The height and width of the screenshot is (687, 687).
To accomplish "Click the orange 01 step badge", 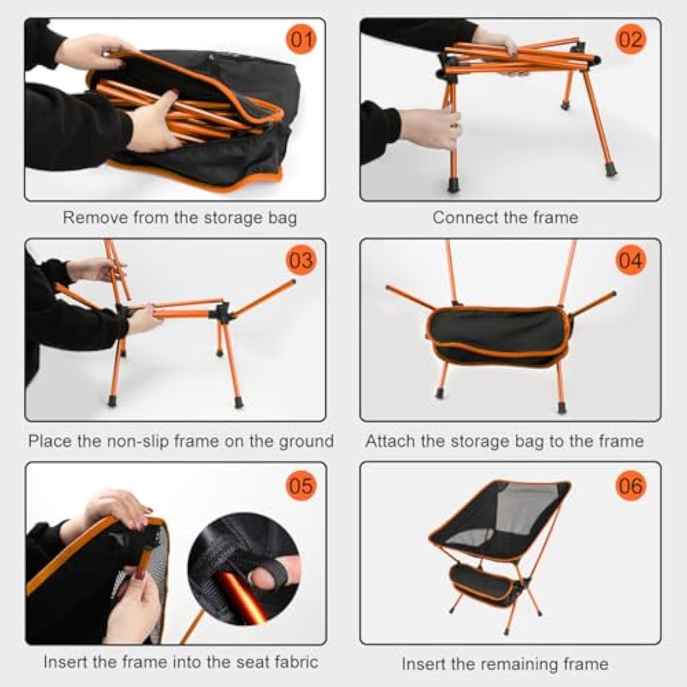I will coord(301,41).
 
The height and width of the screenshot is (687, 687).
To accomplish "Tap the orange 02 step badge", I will coord(630,41).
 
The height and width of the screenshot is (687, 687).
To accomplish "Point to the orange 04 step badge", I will coord(630,260).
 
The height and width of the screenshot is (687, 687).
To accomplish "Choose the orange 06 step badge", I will coord(630,485).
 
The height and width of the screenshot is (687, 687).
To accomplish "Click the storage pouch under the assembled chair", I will coord(481,581).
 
